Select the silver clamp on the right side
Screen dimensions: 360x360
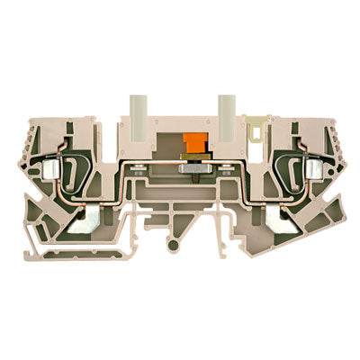(314, 170)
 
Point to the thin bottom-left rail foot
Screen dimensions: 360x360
(36, 243)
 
